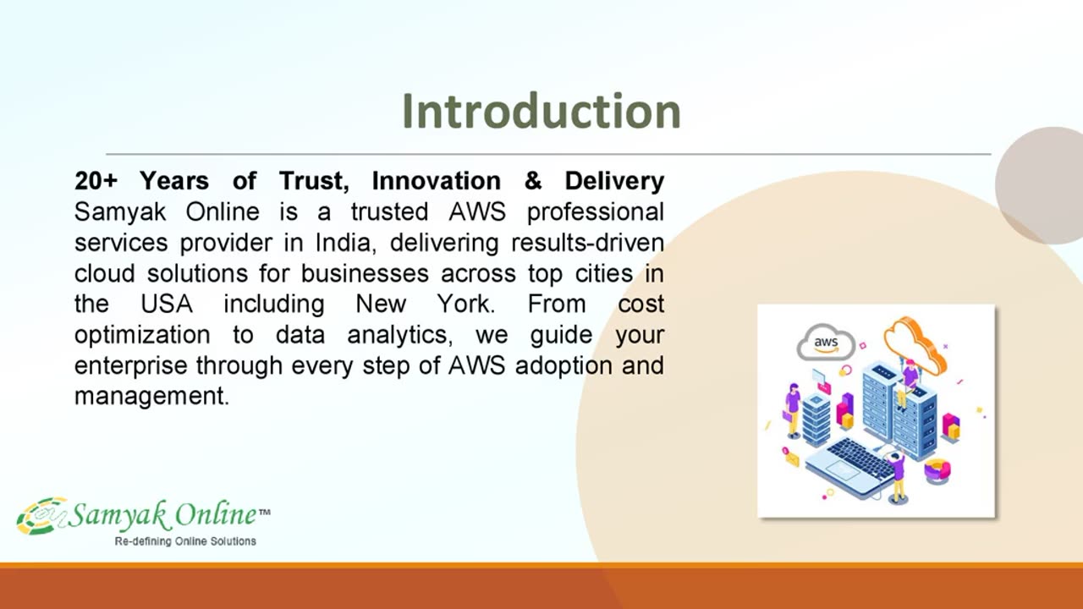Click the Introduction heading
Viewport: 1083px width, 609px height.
pos(541,111)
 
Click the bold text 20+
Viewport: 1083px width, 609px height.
pos(96,181)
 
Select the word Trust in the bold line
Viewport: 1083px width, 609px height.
pos(314,181)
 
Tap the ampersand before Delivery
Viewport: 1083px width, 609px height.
pos(533,181)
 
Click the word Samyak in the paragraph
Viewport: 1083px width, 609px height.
pos(120,212)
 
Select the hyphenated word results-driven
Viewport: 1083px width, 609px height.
pos(587,243)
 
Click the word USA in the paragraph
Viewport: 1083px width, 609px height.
pos(167,304)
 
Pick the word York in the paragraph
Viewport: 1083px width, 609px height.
pos(466,304)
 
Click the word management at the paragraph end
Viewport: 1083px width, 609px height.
pos(151,397)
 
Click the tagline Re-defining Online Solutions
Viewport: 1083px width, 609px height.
pos(185,541)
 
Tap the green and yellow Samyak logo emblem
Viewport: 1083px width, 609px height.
pos(42,516)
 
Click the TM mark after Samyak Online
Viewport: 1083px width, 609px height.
pos(265,512)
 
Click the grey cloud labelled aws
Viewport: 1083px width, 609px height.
pos(826,343)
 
